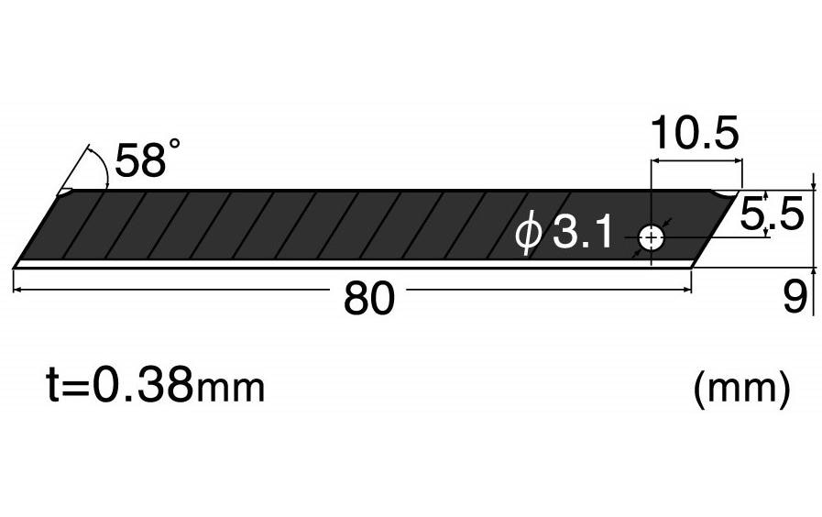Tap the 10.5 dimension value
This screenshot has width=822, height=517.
[x=694, y=135]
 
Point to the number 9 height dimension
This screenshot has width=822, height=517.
[x=794, y=296]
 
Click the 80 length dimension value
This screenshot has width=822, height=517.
[x=368, y=299]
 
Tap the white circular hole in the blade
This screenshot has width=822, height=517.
[x=652, y=238]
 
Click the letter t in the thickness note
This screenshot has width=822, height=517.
[x=54, y=387]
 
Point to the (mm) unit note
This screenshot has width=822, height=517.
[x=741, y=389]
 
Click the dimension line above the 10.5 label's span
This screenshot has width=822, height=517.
[x=696, y=161]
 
